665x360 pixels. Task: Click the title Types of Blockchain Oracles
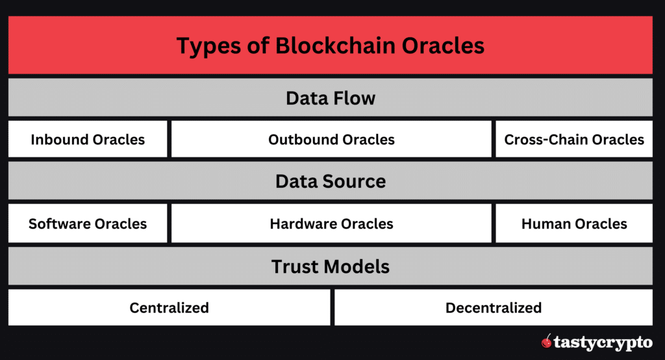tap(331, 46)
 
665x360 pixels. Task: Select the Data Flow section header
tap(331, 98)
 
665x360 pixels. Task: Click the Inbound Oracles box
tap(88, 139)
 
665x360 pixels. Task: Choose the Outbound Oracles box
tap(331, 139)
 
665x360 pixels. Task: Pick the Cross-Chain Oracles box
tap(574, 139)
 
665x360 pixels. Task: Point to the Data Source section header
tap(331, 181)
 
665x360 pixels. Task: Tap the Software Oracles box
tap(88, 224)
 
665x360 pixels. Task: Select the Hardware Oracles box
tap(331, 224)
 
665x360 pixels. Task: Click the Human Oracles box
tap(574, 224)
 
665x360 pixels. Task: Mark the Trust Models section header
tap(331, 266)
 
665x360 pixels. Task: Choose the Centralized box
tap(169, 307)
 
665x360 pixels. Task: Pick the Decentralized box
tap(494, 307)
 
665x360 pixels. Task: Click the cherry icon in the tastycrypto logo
tap(547, 341)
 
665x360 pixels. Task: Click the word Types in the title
tap(205, 46)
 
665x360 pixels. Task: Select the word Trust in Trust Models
tap(295, 266)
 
